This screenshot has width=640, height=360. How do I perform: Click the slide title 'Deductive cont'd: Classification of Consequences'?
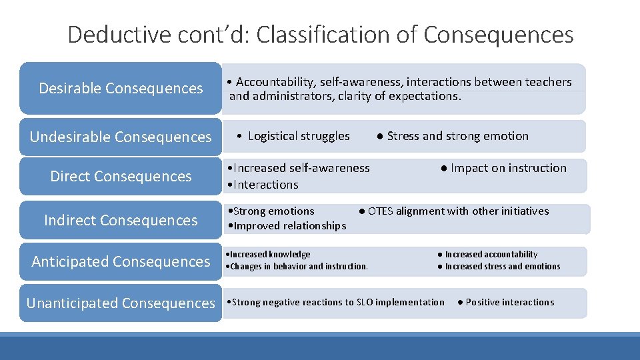point(320,34)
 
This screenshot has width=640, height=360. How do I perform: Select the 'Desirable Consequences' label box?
point(121,88)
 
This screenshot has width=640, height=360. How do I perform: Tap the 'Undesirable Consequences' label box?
point(121,137)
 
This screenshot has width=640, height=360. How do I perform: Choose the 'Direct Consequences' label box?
point(121,176)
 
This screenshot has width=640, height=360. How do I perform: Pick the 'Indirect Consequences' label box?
point(121,220)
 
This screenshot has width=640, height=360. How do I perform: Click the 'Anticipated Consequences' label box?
point(121,261)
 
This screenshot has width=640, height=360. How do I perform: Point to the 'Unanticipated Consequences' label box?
point(121,303)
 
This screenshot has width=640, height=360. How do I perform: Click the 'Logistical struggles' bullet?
point(298,136)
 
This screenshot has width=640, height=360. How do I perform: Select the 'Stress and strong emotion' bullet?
point(457,136)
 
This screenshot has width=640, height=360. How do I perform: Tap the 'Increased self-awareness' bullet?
point(301,168)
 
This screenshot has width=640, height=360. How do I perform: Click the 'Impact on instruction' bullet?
point(508,168)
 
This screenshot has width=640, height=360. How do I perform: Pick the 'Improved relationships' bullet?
point(289,225)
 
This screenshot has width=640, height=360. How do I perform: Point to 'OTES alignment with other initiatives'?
point(458,211)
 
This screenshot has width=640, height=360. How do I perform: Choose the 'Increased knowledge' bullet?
point(271,254)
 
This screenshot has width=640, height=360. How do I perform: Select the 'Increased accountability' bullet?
point(491,254)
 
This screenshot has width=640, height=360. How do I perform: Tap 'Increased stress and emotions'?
point(502,266)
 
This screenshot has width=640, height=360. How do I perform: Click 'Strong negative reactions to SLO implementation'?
point(338,302)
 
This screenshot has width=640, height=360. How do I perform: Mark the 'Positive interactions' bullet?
point(509,302)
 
